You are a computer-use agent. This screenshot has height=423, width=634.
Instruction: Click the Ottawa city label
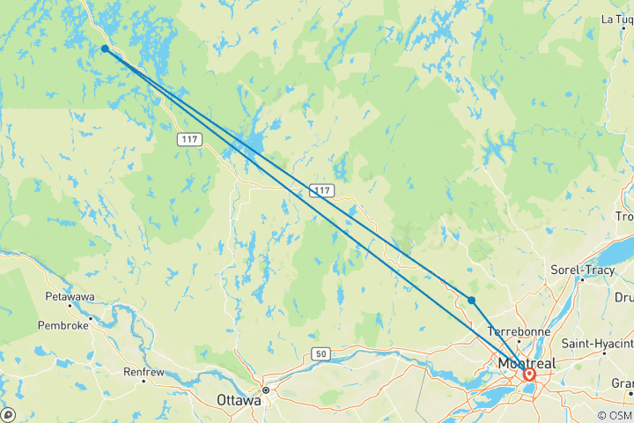239,400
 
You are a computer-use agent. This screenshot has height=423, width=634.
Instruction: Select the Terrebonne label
520,330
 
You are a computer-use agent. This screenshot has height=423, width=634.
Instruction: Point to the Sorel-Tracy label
579,269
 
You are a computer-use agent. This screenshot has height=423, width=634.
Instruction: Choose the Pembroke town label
64,325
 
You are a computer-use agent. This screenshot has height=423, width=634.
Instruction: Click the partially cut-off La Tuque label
617,19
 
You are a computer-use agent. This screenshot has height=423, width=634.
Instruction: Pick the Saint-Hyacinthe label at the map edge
598,342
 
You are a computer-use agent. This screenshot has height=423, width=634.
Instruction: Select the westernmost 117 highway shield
190,139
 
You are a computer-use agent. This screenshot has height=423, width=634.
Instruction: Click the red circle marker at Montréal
529,375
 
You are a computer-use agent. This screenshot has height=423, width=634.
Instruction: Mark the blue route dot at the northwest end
105,49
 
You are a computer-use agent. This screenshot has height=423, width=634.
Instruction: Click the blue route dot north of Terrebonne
472,301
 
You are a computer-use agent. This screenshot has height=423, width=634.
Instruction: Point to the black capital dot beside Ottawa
265,390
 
